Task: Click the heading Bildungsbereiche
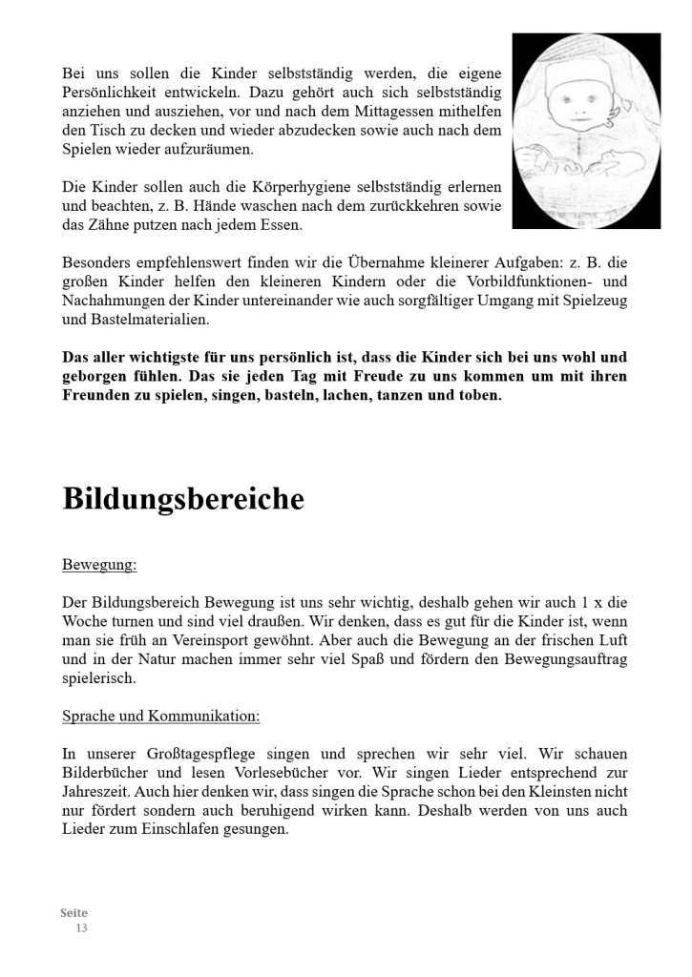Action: [183, 499]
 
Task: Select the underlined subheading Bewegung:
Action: [99, 565]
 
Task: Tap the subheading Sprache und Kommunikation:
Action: [160, 716]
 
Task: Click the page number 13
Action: [81, 927]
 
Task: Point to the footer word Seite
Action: [73, 913]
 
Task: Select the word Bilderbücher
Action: [108, 773]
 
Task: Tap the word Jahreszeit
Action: [95, 792]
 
